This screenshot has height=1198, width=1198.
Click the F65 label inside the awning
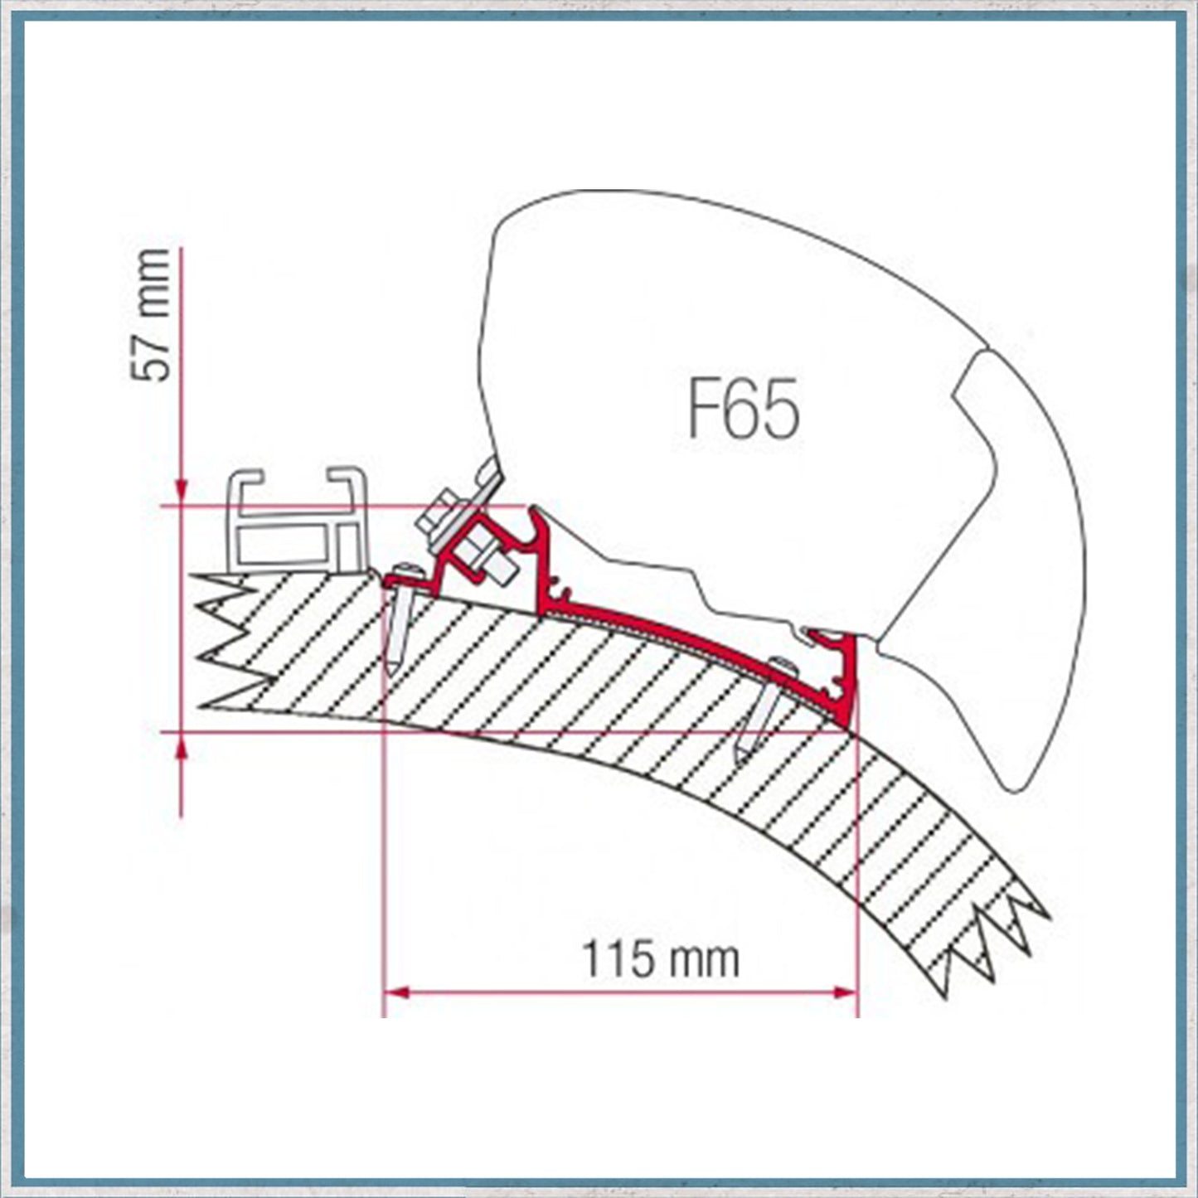tap(744, 409)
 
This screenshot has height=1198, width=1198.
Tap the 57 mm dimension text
tap(150, 314)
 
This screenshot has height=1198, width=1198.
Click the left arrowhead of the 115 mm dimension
tap(395, 993)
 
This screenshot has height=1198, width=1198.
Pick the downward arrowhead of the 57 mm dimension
tap(182, 491)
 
